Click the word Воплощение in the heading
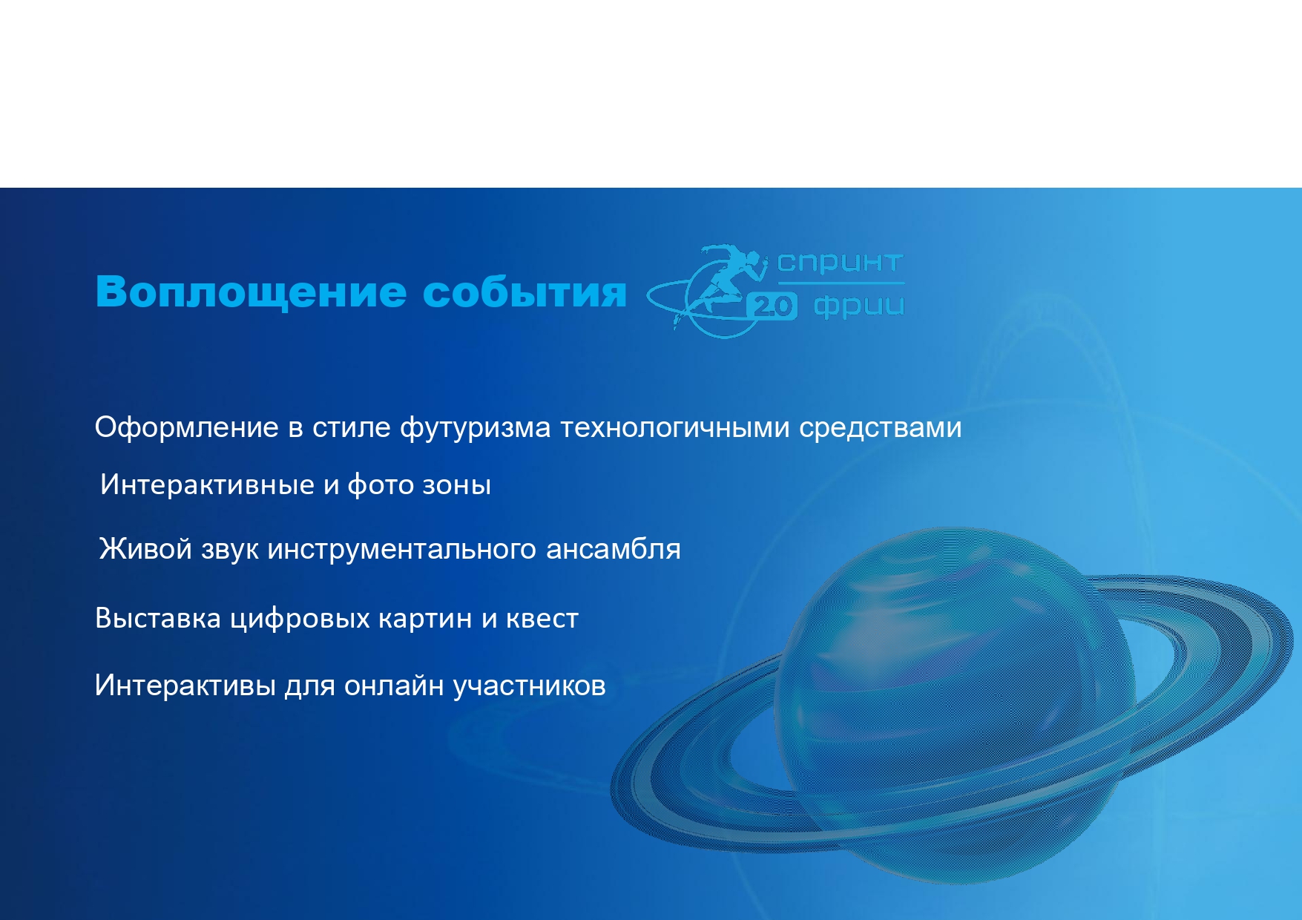[251, 292]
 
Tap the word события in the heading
[525, 292]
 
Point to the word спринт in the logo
[840, 263]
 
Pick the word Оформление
[186, 428]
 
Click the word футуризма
[475, 429]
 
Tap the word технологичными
[674, 428]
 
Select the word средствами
[880, 429]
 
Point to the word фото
[381, 485]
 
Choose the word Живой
[145, 549]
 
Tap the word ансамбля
[613, 550]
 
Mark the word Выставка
[158, 618]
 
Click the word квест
[542, 619]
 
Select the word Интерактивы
[185, 686]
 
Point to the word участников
[529, 686]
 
